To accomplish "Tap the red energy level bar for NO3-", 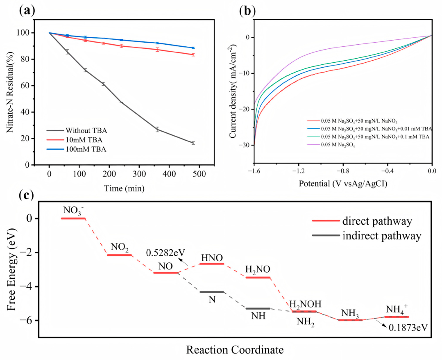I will (73, 219).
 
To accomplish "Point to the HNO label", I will (212, 257).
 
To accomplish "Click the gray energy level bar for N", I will (212, 292).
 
